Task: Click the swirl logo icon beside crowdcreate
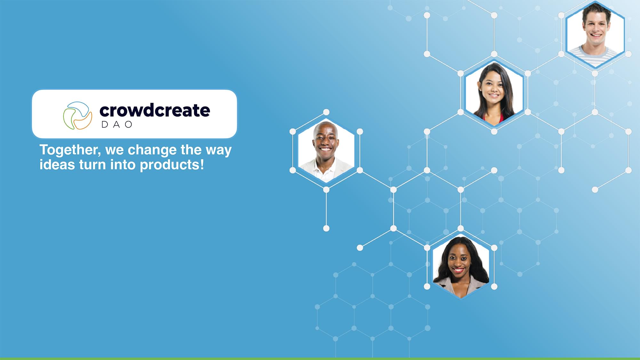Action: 77,116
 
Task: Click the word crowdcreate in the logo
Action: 155,110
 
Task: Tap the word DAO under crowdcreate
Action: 117,124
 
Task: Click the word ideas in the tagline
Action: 57,165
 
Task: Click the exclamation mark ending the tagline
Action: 202,164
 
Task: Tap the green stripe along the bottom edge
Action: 320,359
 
